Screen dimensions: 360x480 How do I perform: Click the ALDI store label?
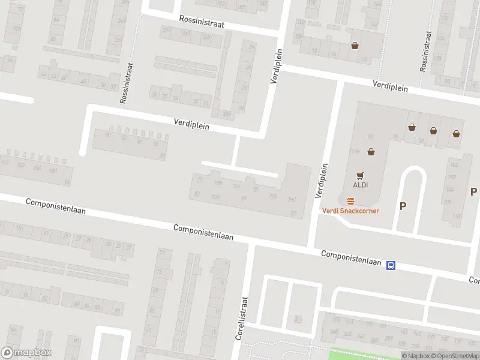click(x=360, y=185)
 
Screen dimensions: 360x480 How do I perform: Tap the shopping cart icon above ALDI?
click(x=360, y=176)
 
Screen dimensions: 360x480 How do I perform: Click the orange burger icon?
click(x=350, y=201)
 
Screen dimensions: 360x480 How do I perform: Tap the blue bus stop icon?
click(x=391, y=266)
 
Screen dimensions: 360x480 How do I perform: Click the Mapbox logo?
click(x=26, y=353)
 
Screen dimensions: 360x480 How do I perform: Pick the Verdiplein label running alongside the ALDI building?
click(x=323, y=181)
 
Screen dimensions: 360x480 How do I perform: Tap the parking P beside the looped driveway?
click(x=403, y=206)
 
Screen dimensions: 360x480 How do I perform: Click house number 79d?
click(x=292, y=199)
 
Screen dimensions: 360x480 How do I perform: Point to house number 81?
click(x=244, y=198)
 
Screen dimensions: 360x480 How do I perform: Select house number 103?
click(x=453, y=177)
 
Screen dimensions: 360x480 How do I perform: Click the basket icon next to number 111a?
click(x=371, y=152)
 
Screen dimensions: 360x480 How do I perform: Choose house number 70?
click(x=200, y=179)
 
